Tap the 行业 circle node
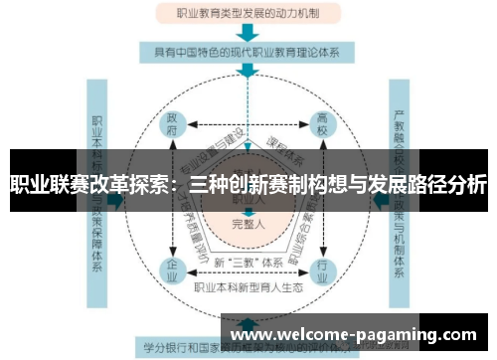tap(321, 268)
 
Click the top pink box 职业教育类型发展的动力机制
tap(248, 14)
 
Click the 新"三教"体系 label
tap(248, 261)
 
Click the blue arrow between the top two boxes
tap(248, 32)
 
